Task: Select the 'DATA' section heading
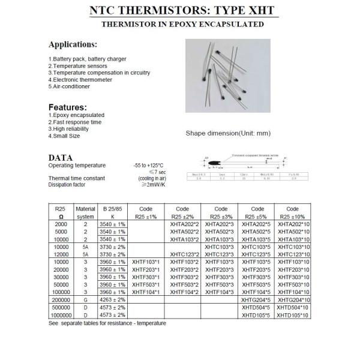click(61, 158)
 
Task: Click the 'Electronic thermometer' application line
click(81, 80)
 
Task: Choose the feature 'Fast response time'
click(75, 122)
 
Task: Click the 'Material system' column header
click(86, 212)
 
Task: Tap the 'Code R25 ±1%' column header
click(145, 212)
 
